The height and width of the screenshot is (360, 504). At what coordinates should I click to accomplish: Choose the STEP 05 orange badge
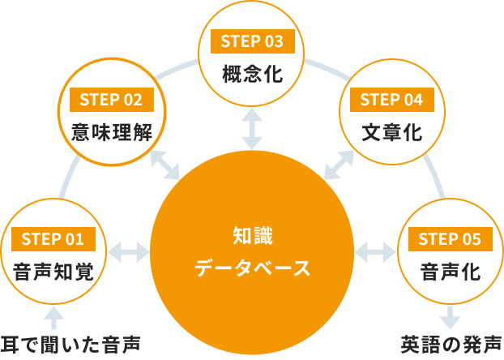click(450, 238)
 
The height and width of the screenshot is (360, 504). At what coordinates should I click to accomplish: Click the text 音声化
click(450, 272)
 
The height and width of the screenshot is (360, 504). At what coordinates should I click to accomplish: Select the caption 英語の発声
click(451, 345)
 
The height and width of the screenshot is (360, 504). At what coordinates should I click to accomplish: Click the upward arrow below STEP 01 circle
click(53, 315)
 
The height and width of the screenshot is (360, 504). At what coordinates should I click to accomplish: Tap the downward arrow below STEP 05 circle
click(450, 315)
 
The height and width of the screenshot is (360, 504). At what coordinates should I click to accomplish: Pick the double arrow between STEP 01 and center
click(130, 252)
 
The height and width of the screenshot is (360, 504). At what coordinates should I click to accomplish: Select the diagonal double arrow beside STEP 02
click(166, 165)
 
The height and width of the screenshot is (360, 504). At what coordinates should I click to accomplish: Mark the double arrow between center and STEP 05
click(374, 252)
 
